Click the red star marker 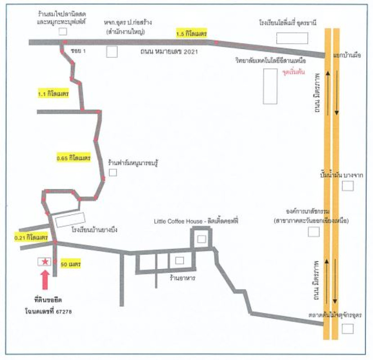pos(45,261)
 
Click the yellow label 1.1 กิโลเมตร pos(53,94)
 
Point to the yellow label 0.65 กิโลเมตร pos(74,158)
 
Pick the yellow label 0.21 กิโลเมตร pos(31,237)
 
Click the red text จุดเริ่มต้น pos(293,72)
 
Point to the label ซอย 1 pos(78,51)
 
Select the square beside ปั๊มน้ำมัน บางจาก pos(347,186)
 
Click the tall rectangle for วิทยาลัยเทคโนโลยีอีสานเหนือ pos(270,86)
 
